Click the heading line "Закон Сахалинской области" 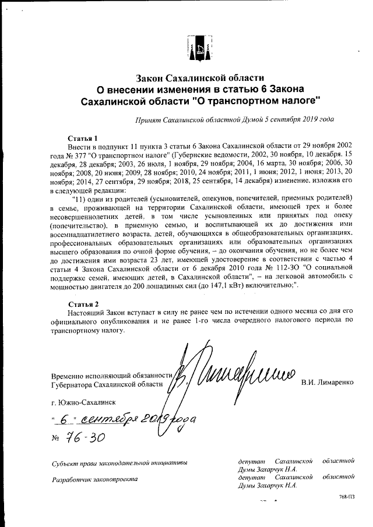pos(200,77)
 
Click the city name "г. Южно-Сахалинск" pos(83,402)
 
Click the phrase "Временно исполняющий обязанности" pos(112,376)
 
